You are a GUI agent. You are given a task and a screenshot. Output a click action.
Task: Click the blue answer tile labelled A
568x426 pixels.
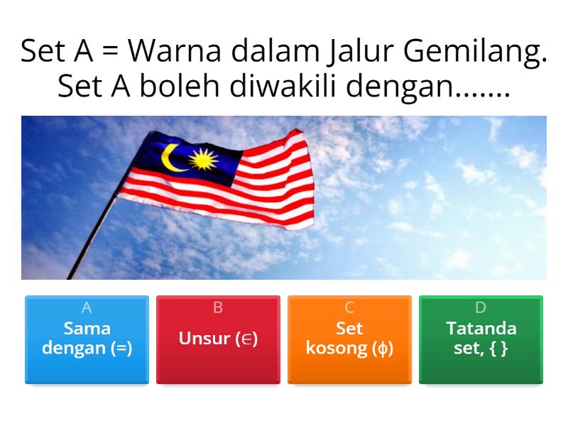click(x=87, y=339)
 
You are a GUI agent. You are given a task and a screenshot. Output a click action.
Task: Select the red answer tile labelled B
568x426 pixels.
click(x=218, y=339)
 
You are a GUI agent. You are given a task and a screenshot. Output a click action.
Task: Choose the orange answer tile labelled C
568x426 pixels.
click(x=349, y=339)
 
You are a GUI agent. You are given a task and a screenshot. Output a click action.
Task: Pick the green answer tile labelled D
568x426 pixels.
click(x=481, y=339)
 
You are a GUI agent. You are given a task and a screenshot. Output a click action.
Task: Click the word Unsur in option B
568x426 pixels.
click(x=204, y=339)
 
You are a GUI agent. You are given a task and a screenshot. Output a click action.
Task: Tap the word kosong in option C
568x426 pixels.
click(x=339, y=349)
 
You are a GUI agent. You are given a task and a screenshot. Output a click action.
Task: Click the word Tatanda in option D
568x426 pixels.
click(x=481, y=329)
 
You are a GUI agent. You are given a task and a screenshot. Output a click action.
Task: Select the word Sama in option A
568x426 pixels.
click(x=87, y=329)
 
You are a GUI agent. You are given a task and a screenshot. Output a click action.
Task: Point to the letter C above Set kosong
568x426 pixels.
click(x=349, y=308)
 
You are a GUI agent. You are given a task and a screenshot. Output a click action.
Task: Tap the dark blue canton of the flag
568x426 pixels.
click(x=187, y=160)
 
